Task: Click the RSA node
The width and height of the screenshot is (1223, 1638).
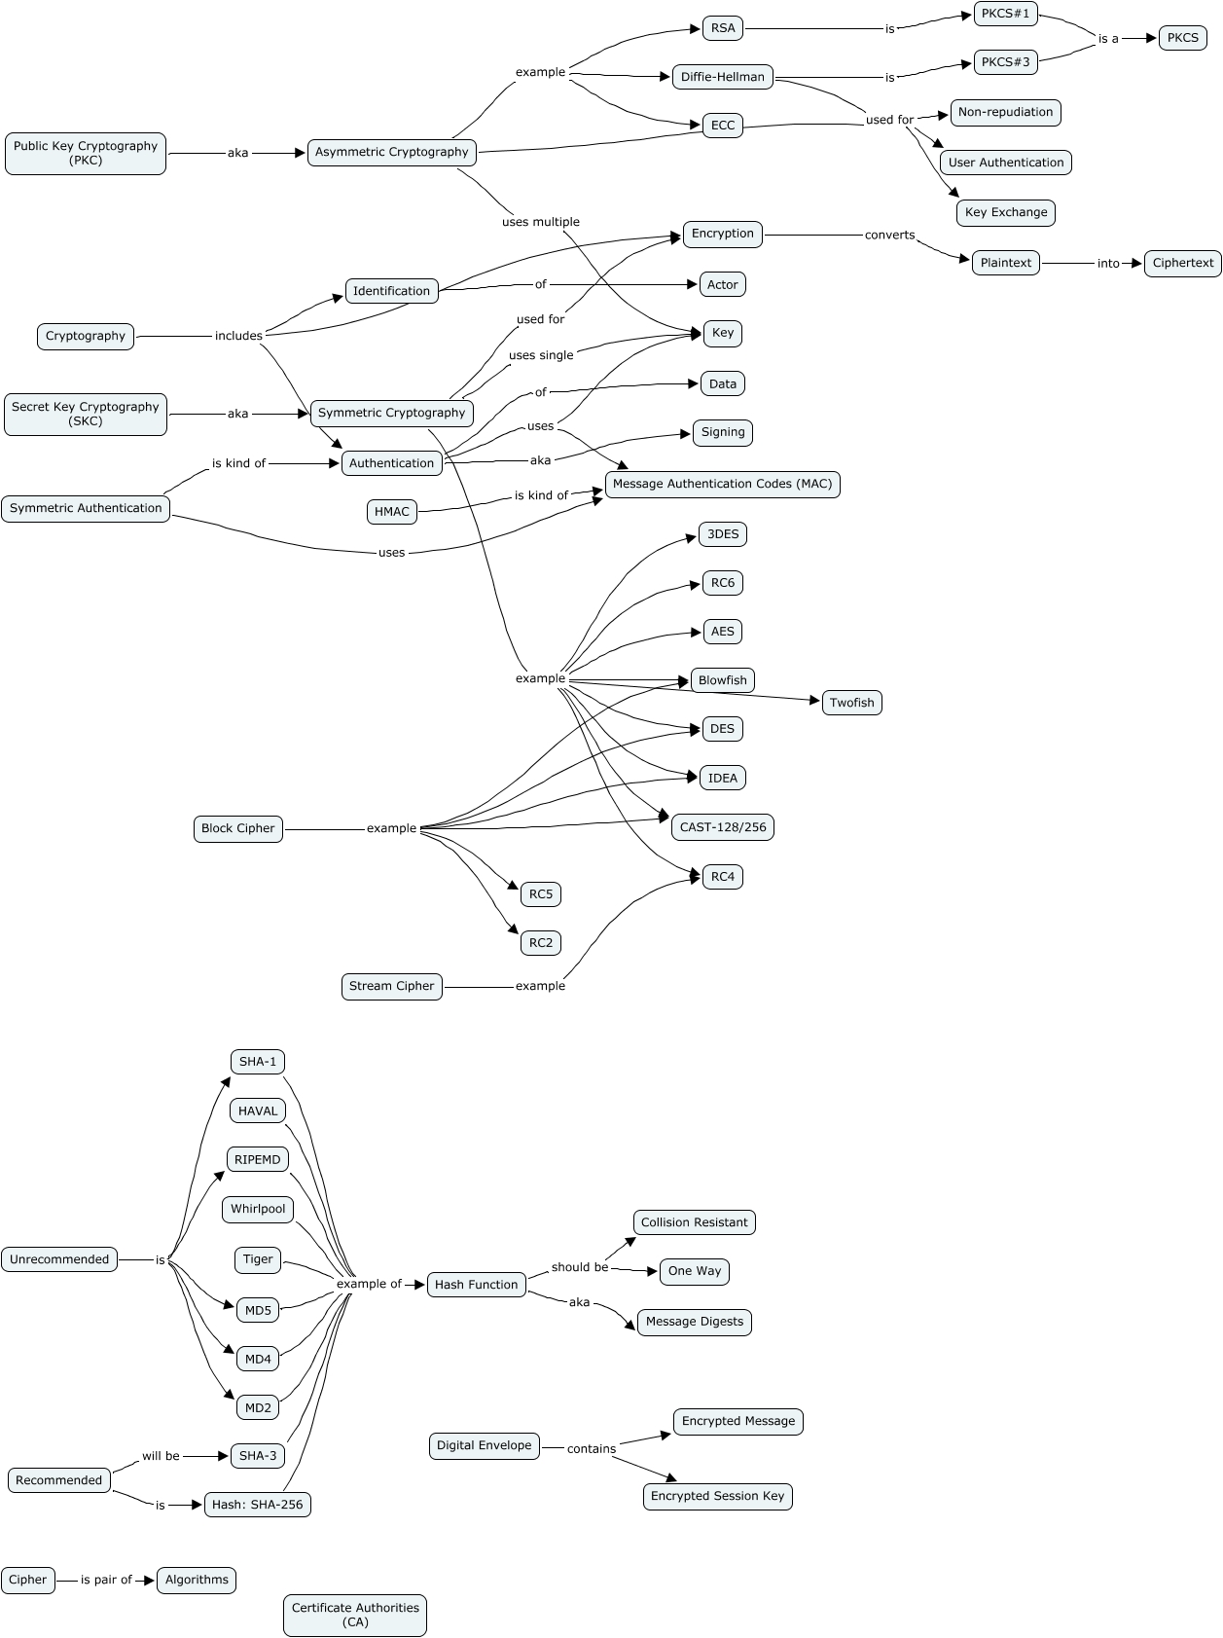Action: [x=722, y=28]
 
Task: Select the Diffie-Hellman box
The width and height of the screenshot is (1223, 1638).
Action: [x=722, y=77]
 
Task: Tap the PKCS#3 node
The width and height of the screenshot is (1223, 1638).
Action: [x=1005, y=62]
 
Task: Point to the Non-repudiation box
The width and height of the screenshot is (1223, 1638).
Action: [x=1005, y=112]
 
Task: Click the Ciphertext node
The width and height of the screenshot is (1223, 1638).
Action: [x=1182, y=263]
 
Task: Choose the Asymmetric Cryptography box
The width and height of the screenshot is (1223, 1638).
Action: [x=391, y=152]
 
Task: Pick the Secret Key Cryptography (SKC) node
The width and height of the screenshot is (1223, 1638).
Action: [x=86, y=414]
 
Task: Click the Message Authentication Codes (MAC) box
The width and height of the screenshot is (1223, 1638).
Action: [x=722, y=484]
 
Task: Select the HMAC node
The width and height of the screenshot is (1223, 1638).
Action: [x=392, y=511]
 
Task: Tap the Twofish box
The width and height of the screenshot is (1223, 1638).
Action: [x=851, y=703]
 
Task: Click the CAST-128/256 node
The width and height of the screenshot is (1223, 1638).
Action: [x=722, y=827]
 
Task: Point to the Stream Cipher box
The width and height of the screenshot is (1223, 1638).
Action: [x=391, y=986]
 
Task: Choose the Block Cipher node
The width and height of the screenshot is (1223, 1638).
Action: [x=237, y=828]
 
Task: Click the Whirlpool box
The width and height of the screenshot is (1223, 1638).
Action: [x=258, y=1209]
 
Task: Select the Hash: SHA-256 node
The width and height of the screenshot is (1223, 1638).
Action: [x=257, y=1505]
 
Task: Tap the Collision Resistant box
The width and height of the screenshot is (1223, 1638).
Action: [x=694, y=1222]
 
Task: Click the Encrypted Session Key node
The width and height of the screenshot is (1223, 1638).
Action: [x=717, y=1496]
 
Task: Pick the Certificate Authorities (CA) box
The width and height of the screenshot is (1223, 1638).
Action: [x=355, y=1615]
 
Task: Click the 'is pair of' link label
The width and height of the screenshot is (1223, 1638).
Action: [x=106, y=1580]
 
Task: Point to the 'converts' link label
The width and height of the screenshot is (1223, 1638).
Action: [x=889, y=235]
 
